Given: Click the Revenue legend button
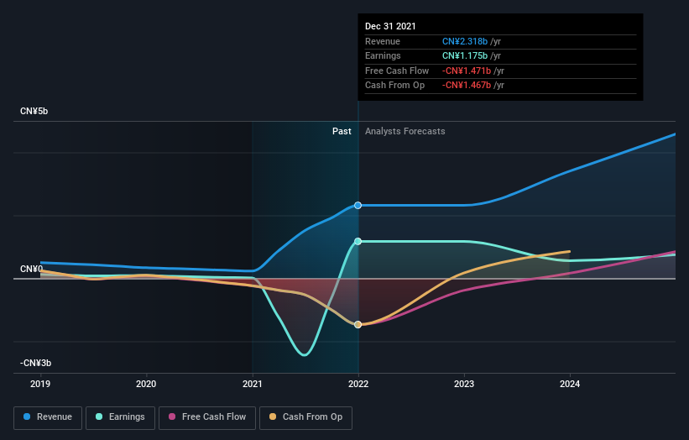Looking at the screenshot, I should click(48, 416).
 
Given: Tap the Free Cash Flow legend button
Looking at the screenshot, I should click(207, 416).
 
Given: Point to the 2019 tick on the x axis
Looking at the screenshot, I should click(40, 385).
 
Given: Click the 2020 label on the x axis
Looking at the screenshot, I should click(146, 385).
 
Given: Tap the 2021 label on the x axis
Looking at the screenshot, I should click(252, 385).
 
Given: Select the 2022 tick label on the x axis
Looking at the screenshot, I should click(358, 385).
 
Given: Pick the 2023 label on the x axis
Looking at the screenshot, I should click(464, 385).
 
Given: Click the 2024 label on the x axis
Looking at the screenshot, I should click(570, 385).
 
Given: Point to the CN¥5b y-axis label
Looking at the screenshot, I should click(34, 112).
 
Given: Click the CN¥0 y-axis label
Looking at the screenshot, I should click(31, 269).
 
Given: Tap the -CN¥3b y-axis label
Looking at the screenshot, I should click(36, 363).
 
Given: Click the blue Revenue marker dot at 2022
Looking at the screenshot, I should click(358, 205).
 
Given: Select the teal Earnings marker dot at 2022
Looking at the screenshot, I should click(358, 241).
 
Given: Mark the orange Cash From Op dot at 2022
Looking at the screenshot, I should click(358, 324).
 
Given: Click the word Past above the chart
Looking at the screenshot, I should click(342, 131).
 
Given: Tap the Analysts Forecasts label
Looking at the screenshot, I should click(405, 131).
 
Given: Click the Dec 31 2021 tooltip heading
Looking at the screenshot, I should click(390, 27).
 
